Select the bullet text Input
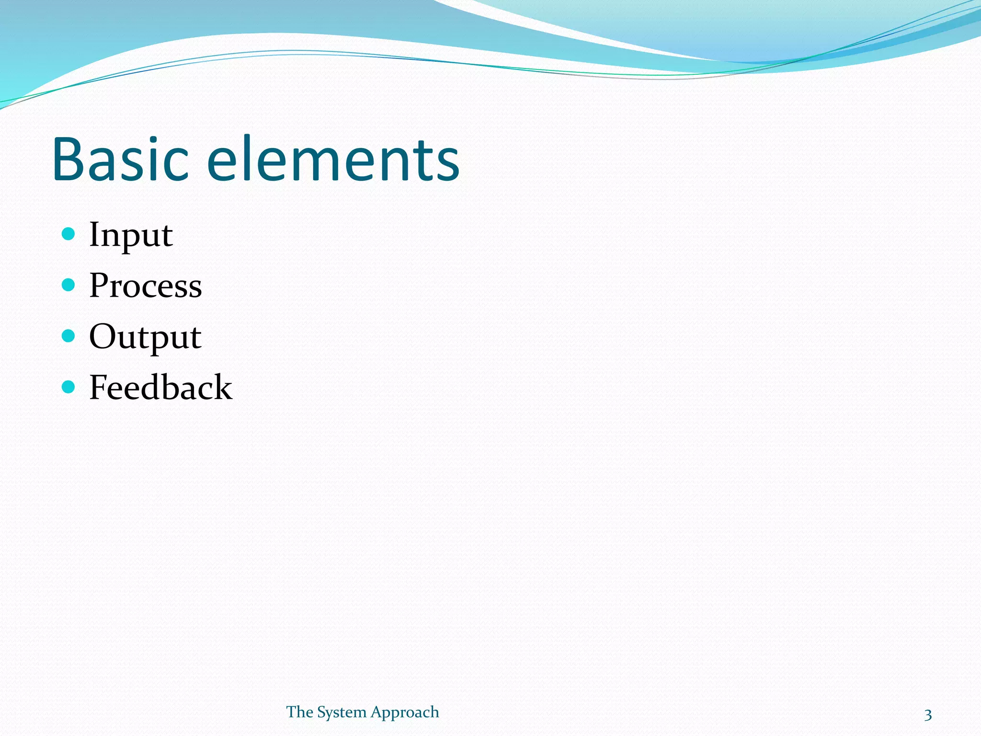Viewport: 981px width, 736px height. click(x=131, y=235)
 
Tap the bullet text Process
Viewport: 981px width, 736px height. click(x=146, y=286)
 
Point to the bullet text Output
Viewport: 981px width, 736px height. click(x=145, y=337)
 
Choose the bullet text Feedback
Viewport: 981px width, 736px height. click(x=160, y=387)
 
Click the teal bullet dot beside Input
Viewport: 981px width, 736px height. click(x=68, y=234)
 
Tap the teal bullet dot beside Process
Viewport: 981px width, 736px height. click(x=68, y=285)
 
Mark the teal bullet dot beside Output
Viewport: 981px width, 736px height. click(x=68, y=336)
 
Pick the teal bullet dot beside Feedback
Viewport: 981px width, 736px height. click(x=68, y=387)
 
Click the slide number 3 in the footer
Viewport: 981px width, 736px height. click(x=928, y=715)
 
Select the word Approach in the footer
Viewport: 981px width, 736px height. click(x=405, y=713)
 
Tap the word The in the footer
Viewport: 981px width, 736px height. click(x=299, y=712)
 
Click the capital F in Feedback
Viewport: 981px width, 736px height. click(x=99, y=387)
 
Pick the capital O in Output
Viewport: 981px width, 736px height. click(x=103, y=336)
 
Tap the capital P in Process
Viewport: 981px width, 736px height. click(x=100, y=285)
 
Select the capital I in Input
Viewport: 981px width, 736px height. click(x=95, y=234)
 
